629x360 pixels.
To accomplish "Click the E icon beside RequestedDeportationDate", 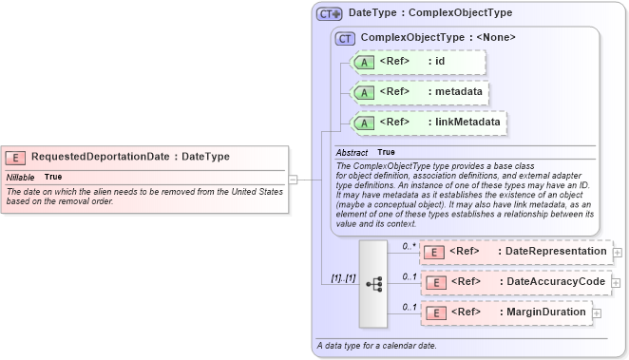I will tap(16, 157).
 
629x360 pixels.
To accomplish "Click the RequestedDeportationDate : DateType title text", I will tap(130, 157).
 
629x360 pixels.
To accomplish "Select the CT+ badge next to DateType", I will tap(330, 13).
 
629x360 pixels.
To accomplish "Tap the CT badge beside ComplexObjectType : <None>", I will tap(345, 38).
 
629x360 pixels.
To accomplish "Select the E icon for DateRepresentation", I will tap(432, 252).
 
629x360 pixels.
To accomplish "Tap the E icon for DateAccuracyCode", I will tap(432, 282).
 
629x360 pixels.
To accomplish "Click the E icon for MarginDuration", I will tap(432, 312).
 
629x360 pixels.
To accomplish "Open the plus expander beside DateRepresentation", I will tap(618, 253).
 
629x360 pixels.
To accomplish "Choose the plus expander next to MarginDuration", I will tap(597, 313).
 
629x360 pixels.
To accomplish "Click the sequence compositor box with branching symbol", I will tap(373, 282).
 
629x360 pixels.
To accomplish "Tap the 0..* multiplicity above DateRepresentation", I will tap(410, 246).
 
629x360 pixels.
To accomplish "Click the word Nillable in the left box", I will tap(21, 178).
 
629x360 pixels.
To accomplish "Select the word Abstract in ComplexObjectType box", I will tap(352, 152).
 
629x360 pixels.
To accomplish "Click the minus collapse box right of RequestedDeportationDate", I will tap(294, 179).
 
